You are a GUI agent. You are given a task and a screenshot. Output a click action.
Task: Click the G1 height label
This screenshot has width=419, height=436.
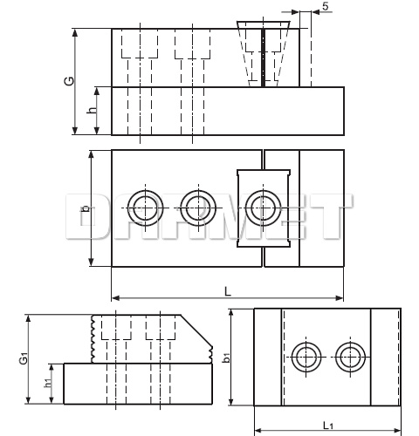point(24,358)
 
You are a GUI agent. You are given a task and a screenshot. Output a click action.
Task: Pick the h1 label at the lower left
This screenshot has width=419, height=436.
point(48,382)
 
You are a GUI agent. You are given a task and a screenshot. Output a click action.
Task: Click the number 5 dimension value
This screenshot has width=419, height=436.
point(325,7)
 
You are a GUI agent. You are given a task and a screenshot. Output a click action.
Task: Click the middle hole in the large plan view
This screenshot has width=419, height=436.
point(196,208)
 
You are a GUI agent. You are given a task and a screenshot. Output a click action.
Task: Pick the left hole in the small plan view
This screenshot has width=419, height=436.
point(306,357)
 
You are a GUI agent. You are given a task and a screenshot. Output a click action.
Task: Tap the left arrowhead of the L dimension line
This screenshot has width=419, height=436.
point(114,293)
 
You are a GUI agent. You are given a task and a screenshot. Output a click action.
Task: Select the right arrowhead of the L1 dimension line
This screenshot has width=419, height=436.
point(397,430)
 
